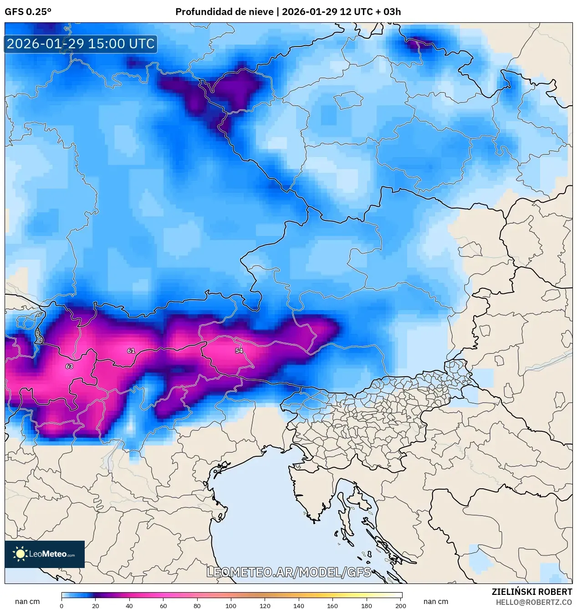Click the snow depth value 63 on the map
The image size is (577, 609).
(69, 366)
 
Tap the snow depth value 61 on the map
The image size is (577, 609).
(131, 351)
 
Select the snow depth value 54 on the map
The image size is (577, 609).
(239, 351)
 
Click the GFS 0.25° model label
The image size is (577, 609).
(28, 12)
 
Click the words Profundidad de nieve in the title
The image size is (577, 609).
(225, 12)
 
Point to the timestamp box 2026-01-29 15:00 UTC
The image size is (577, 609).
(81, 44)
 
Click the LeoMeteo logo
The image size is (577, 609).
(45, 554)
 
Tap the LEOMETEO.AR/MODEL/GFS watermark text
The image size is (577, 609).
(289, 572)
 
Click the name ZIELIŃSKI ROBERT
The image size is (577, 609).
(531, 592)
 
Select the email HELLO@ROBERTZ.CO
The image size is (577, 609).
(534, 602)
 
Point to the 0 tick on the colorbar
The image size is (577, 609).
(61, 605)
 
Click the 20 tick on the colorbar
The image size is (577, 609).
(95, 605)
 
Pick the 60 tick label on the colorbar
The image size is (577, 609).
(163, 605)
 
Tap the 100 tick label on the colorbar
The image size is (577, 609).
(231, 605)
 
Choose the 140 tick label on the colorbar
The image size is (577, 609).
(299, 605)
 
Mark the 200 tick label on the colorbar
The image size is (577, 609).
(400, 605)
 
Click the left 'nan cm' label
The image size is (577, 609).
(27, 601)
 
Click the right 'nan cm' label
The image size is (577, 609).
(436, 601)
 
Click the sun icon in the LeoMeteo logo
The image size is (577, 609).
(20, 554)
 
